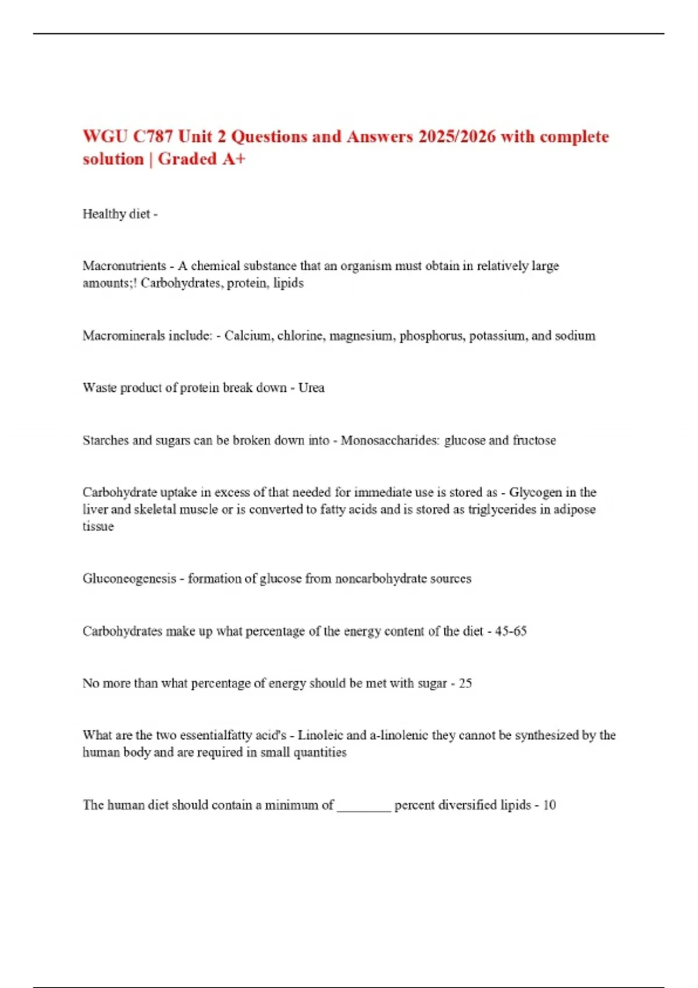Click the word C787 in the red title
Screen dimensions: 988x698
pos(153,137)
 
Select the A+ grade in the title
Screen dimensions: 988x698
pos(233,159)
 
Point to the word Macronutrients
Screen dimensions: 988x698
pos(124,266)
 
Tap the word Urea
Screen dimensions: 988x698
pos(311,388)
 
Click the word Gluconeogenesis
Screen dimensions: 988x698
pos(129,578)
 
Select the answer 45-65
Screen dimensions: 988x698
pos(511,631)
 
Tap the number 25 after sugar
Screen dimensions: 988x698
pos(465,683)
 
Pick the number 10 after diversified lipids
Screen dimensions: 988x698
pos(549,805)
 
